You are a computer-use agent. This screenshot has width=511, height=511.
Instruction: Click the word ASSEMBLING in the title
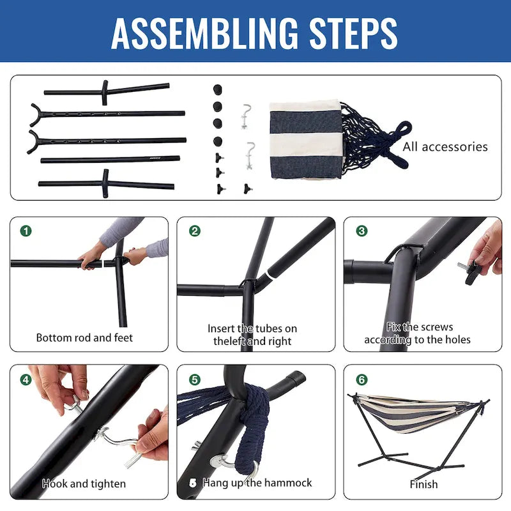click(x=204, y=33)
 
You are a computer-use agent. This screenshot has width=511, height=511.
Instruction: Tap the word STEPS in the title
click(x=353, y=33)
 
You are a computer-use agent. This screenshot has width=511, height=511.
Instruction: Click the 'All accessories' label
click(x=445, y=147)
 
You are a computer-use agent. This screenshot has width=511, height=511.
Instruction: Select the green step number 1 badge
click(x=26, y=231)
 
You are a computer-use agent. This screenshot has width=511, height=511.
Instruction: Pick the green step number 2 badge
click(x=195, y=231)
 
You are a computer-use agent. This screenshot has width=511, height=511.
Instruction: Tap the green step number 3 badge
click(x=362, y=231)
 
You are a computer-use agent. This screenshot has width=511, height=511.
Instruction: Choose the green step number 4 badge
click(x=26, y=379)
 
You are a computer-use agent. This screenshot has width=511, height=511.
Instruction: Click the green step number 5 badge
click(x=195, y=379)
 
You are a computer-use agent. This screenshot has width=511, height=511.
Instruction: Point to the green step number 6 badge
click(x=362, y=379)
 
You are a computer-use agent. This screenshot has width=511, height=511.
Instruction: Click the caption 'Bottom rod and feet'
click(x=84, y=338)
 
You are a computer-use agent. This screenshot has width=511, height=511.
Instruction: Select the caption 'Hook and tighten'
click(x=84, y=484)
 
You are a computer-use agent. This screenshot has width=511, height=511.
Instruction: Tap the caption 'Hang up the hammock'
click(x=257, y=483)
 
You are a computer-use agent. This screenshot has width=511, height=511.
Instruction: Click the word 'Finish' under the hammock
click(x=423, y=484)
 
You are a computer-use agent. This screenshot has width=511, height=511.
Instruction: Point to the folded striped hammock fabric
click(x=305, y=139)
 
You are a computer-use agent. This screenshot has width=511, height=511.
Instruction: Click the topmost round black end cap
click(x=217, y=89)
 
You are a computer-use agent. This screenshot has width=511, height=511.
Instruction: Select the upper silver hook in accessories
click(x=246, y=116)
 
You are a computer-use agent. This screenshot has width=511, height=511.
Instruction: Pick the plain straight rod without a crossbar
click(x=110, y=160)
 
